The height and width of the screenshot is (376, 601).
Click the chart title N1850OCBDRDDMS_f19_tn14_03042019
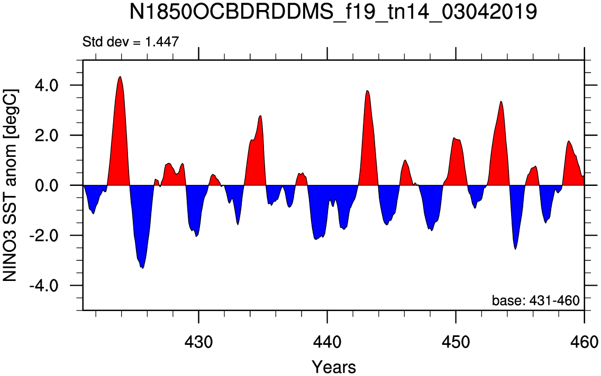coord(333,12)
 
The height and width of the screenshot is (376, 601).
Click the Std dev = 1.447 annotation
coord(131,41)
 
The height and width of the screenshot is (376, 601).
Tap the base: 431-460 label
coord(535,300)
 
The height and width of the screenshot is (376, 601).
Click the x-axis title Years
coord(334,366)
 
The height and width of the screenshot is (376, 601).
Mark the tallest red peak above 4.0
coord(120,77)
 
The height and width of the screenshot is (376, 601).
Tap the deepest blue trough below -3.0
coord(143,268)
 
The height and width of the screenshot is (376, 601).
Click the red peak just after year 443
coord(367,91)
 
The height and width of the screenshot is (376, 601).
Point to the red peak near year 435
coord(261,116)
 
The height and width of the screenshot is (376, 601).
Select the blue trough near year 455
coord(515,249)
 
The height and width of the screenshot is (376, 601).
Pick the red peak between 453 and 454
coord(500,101)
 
